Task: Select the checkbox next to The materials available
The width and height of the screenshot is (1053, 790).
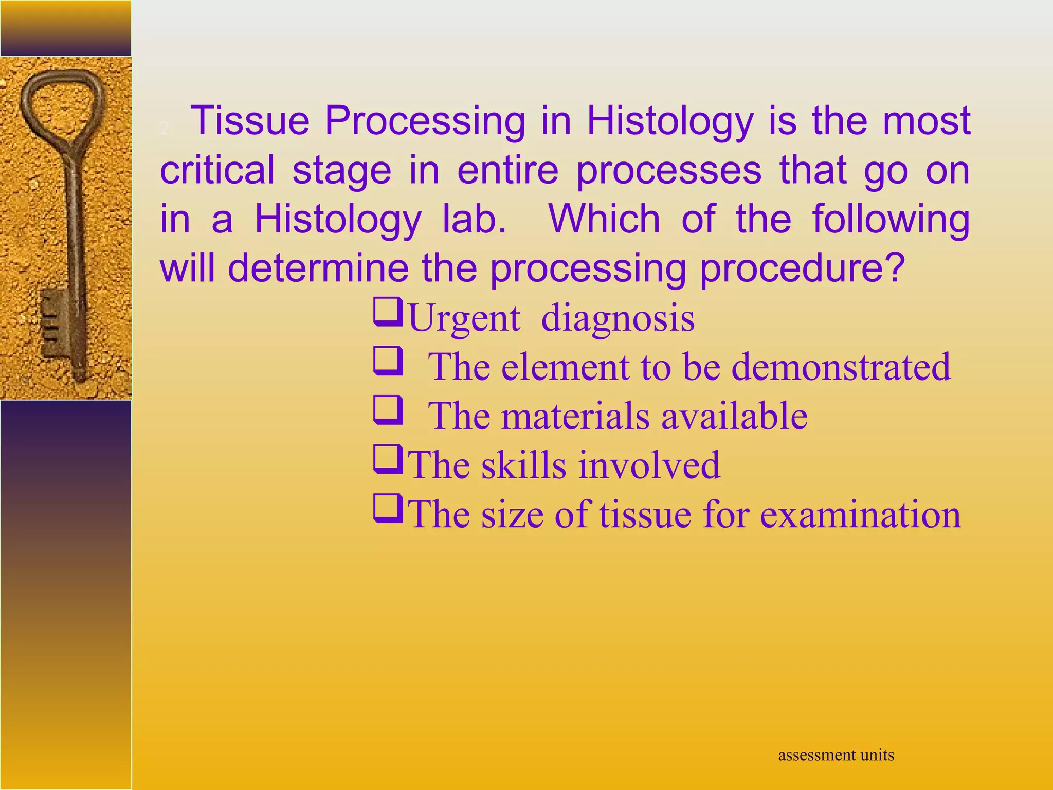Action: (387, 409)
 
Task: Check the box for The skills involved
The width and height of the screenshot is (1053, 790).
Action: (387, 459)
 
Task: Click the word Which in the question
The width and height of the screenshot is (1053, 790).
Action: (604, 219)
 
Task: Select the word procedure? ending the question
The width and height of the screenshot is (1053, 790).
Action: (801, 268)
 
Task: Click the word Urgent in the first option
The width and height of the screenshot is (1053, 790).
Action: (464, 319)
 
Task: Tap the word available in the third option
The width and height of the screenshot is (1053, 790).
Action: (734, 416)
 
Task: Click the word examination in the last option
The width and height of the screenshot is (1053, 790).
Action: (860, 514)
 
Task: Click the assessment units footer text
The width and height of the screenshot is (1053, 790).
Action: (836, 755)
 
